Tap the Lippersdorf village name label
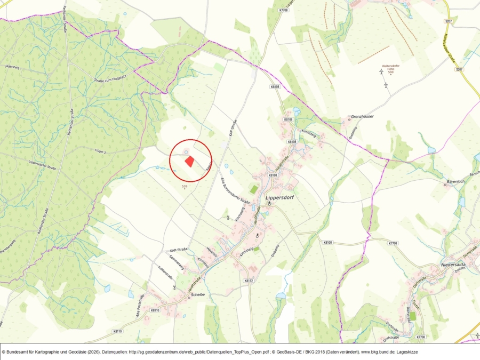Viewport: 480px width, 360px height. [x=280, y=197]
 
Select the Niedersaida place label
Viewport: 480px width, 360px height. [x=454, y=265]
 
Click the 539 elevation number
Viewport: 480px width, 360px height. [x=185, y=186]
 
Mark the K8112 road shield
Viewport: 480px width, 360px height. [x=247, y=281]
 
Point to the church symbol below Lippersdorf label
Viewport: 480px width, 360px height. [x=269, y=204]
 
